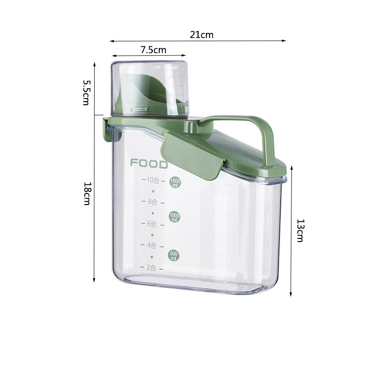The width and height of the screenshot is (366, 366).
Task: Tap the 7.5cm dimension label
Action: pos(153,50)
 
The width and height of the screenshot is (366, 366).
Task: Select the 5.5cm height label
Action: pos(86,92)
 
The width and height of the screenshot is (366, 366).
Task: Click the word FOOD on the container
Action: pos(149,163)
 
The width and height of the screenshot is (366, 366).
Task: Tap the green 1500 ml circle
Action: pos(175,182)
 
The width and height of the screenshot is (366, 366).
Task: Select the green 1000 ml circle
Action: pos(174,217)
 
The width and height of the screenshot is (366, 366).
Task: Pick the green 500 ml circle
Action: pos(174,256)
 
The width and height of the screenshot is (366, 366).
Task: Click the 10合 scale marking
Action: pos(153,180)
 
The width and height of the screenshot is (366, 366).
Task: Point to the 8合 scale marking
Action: pos(152,201)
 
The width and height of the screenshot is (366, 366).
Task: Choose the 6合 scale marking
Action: pos(152,224)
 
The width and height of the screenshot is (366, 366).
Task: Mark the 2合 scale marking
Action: pos(151,268)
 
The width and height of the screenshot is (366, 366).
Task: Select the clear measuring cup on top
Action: pos(149,87)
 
